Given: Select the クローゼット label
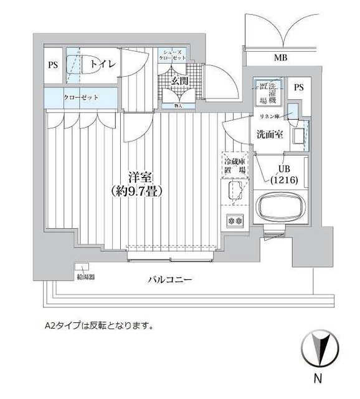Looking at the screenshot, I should point(81,97).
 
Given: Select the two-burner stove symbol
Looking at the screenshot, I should point(235,221).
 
